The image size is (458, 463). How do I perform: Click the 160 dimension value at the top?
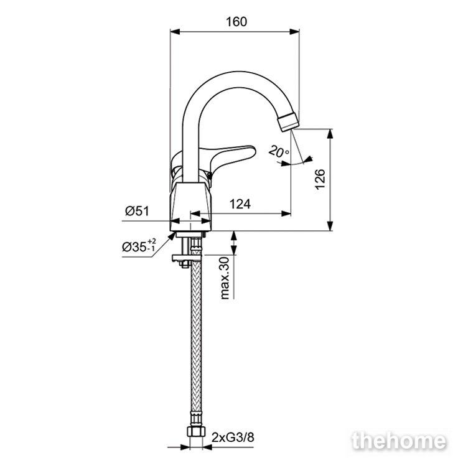click(236, 22)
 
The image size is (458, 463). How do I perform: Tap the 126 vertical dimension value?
click(320, 179)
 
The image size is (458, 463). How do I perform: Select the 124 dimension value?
click(240, 203)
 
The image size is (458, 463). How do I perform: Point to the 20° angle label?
click(278, 152)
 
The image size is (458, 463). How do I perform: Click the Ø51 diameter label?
click(138, 211)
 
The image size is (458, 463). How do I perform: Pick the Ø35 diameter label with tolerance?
click(139, 246)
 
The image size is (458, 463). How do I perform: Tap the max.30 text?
click(225, 278)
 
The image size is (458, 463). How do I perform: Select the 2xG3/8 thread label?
click(233, 437)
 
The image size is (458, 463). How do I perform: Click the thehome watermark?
click(399, 441)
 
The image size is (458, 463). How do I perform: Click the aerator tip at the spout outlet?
click(289, 122)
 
